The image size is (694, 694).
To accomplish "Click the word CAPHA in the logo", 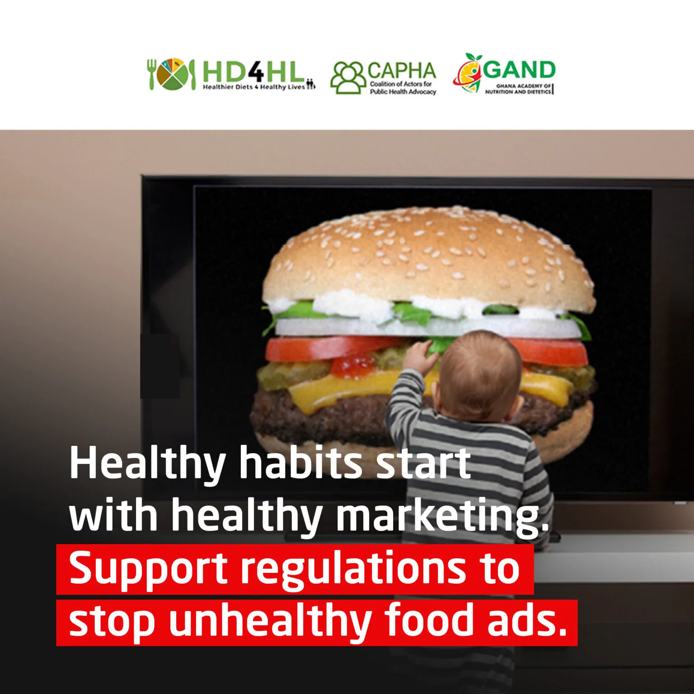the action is (402, 71).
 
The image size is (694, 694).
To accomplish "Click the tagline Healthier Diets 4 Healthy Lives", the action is (254, 87).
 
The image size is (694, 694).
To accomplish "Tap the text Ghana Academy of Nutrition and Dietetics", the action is (518, 89).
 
